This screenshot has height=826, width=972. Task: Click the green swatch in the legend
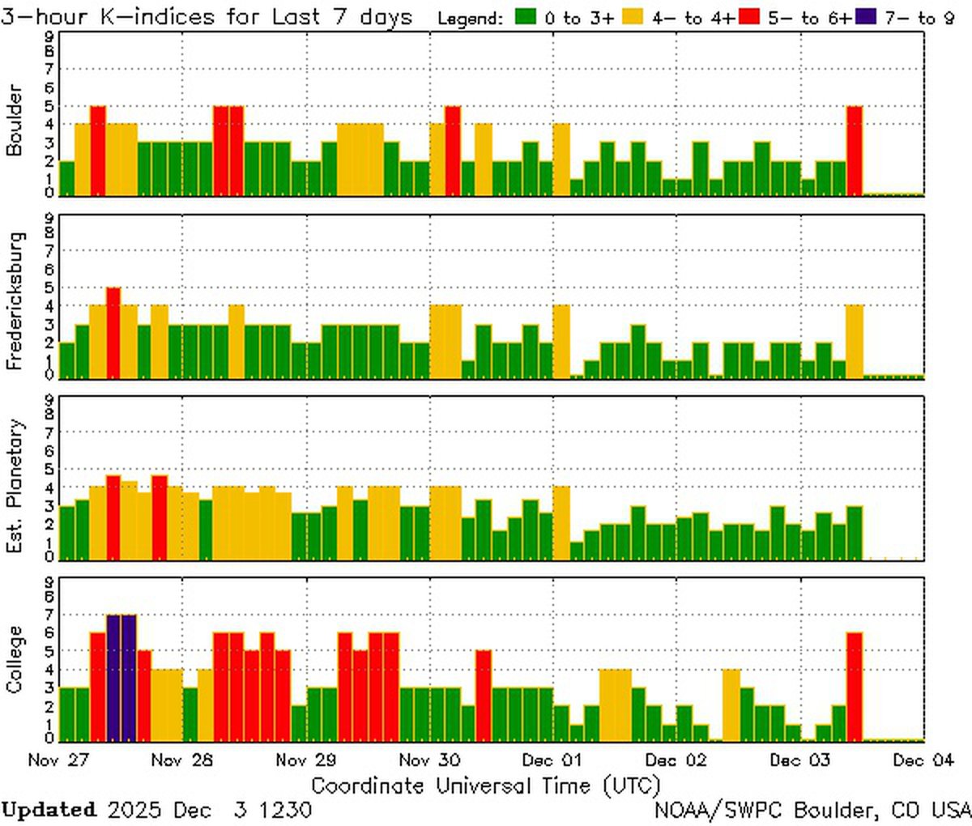click(x=526, y=17)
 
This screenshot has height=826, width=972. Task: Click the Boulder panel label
click(x=14, y=120)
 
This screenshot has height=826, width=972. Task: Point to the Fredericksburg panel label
click(x=14, y=301)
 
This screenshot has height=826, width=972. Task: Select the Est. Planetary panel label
click(x=14, y=486)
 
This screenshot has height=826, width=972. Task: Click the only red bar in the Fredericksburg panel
click(x=113, y=332)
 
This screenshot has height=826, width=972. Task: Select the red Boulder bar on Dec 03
click(x=855, y=151)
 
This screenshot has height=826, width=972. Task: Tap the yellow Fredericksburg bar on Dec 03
click(x=855, y=341)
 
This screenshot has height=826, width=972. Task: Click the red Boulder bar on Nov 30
click(x=453, y=151)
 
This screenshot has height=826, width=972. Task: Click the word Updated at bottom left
click(x=49, y=810)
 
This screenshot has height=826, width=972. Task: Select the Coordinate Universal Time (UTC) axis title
click(x=485, y=786)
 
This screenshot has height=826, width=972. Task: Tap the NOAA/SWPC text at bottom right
click(x=721, y=810)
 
